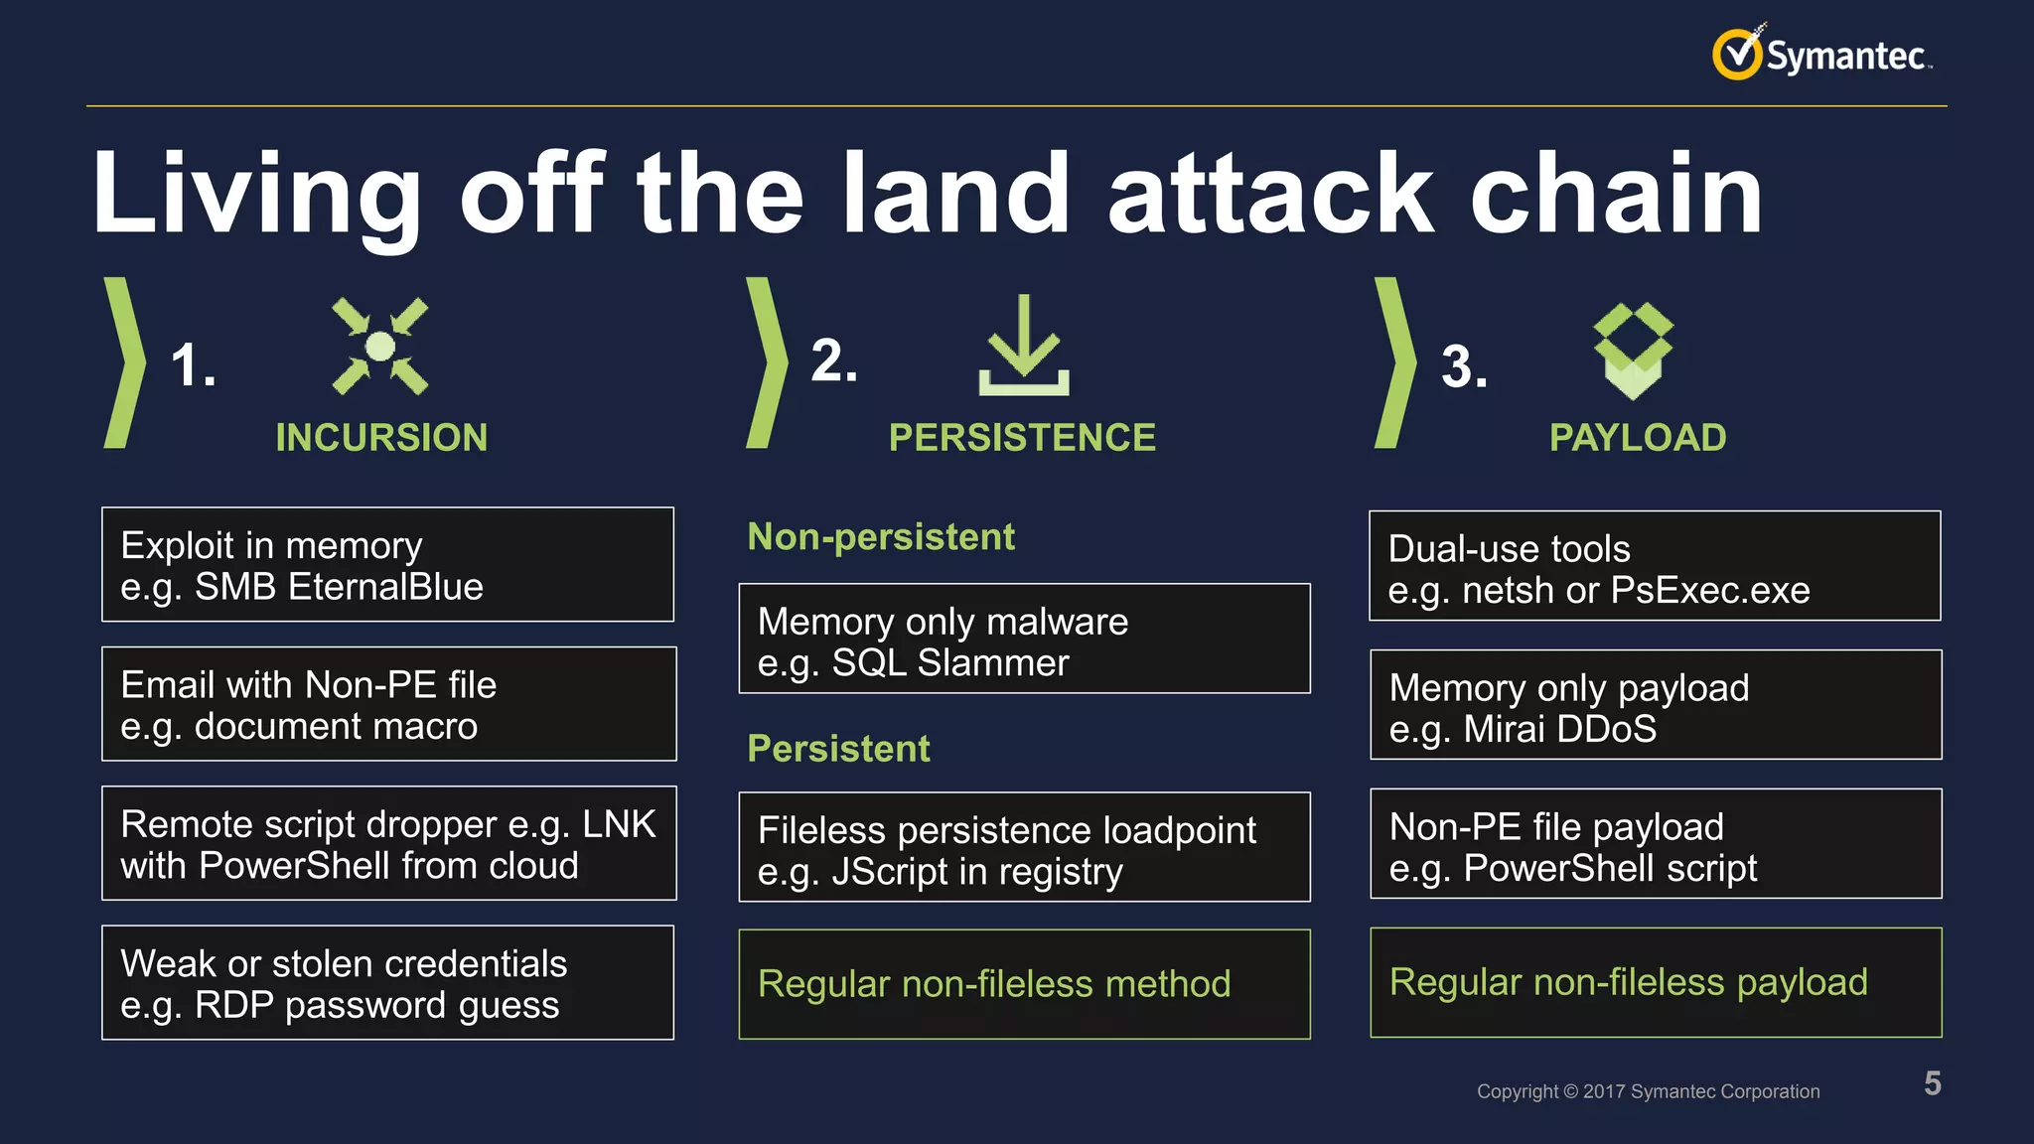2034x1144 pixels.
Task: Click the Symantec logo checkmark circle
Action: coord(1737,54)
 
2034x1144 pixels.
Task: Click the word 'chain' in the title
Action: coord(1615,195)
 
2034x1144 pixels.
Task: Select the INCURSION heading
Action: coord(381,438)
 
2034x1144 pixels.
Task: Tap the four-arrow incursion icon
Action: coord(379,347)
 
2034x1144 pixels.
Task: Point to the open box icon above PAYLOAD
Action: coord(1633,351)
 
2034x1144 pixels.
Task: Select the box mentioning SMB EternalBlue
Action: coord(387,565)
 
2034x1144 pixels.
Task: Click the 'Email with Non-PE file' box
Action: coord(388,704)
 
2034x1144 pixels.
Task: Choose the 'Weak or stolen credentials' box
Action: coord(387,983)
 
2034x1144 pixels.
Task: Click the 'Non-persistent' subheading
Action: coord(880,537)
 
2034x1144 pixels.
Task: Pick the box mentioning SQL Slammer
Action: coord(1024,640)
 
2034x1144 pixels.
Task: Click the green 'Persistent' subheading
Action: coord(838,749)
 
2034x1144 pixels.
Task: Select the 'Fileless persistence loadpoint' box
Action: coord(1024,848)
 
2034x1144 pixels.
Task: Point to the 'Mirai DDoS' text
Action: coord(1559,730)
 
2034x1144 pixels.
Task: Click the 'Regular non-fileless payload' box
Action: coord(1655,983)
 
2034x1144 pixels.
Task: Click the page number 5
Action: coord(1932,1083)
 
